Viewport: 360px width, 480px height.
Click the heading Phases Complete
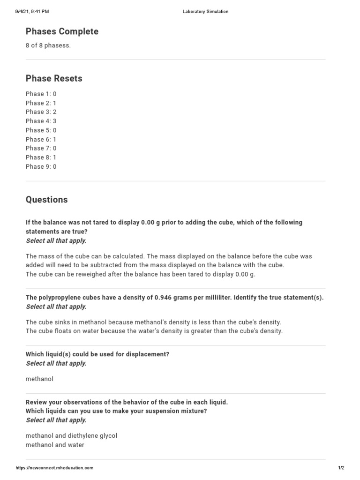pyautogui.click(x=62, y=31)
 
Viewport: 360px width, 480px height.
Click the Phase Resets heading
pyautogui.click(x=54, y=78)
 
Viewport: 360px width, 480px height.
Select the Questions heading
pyautogui.click(x=46, y=200)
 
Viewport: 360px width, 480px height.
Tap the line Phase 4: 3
pyautogui.click(x=41, y=121)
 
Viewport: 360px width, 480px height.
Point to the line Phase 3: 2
pyautogui.click(x=41, y=112)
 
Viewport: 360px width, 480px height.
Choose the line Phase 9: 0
pyautogui.click(x=41, y=166)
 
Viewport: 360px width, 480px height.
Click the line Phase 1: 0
pyautogui.click(x=41, y=94)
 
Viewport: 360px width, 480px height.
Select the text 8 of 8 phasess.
pyautogui.click(x=48, y=45)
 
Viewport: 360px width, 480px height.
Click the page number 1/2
pyautogui.click(x=341, y=468)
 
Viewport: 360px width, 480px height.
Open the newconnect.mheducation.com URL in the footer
pyautogui.click(x=54, y=468)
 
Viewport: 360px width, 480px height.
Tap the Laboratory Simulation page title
pyautogui.click(x=205, y=12)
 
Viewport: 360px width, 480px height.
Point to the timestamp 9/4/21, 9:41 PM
pyautogui.click(x=32, y=12)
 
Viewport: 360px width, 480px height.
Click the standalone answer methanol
pyautogui.click(x=39, y=379)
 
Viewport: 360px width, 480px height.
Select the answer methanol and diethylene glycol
pyautogui.click(x=71, y=435)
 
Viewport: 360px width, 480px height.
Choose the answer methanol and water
pyautogui.click(x=55, y=445)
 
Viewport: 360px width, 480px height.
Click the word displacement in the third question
pyautogui.click(x=145, y=354)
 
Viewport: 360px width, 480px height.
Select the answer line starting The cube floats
pyautogui.click(x=154, y=331)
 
